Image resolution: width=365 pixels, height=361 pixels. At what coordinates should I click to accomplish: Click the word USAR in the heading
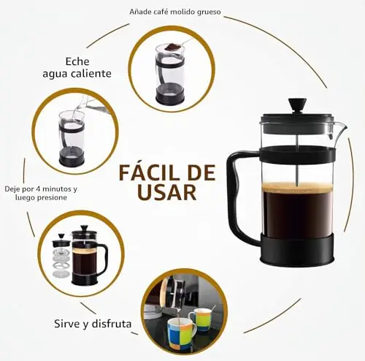click(166, 192)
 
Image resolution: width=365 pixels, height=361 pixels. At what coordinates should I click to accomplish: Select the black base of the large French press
click(297, 249)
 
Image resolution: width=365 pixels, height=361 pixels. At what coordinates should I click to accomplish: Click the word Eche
click(77, 61)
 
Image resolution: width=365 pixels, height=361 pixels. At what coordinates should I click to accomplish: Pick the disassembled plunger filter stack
click(61, 255)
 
